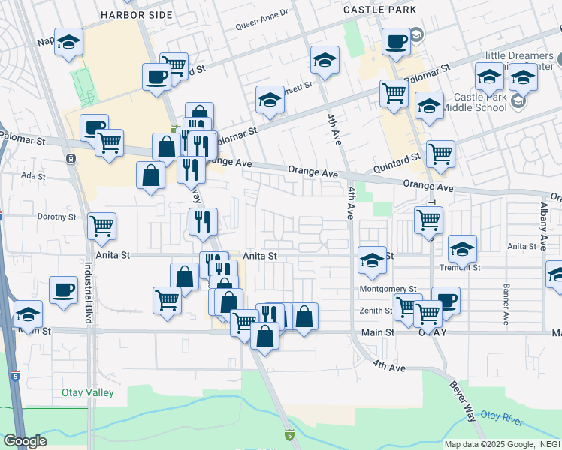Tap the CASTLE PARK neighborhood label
point(374,10)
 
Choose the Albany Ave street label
point(542,226)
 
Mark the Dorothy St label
point(57,217)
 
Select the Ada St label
point(29,175)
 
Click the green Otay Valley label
point(88,393)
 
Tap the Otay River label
point(502,415)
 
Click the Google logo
point(26,441)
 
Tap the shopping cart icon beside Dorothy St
point(101,225)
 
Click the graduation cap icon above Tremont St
point(462,248)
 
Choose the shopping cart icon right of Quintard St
point(440,154)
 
